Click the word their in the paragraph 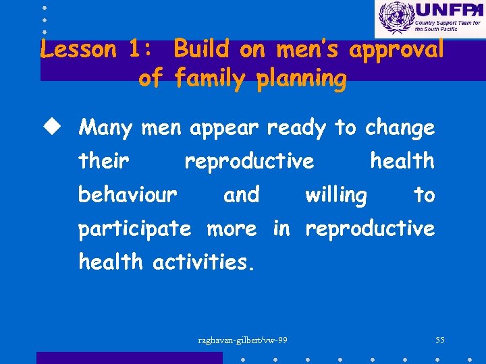click(103, 161)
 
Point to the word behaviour click(128, 195)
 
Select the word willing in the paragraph click(336, 195)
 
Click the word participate click(134, 229)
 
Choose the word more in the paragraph click(231, 229)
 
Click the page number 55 click(439, 340)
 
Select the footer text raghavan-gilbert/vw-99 click(242, 340)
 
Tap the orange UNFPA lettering click(448, 10)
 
